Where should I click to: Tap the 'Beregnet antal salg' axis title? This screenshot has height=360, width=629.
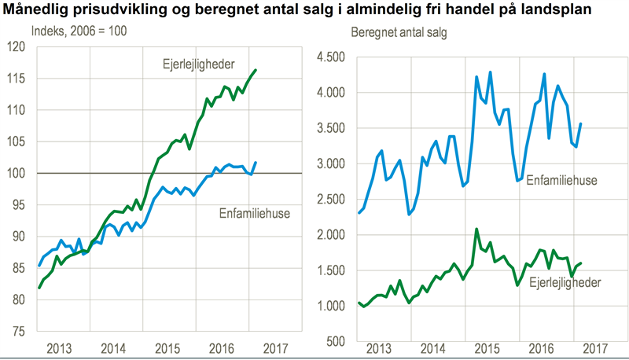(399, 31)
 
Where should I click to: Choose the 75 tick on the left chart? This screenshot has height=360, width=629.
(18, 331)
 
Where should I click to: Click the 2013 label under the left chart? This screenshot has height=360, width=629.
(59, 347)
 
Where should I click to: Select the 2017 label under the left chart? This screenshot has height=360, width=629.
(274, 347)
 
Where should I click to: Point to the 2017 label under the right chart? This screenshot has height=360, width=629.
(595, 347)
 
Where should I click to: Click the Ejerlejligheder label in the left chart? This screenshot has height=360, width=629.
(193, 63)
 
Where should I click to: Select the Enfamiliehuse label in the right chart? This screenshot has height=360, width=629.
(561, 181)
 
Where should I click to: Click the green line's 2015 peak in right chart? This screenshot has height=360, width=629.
(476, 229)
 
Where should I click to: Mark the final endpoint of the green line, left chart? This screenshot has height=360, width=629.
(256, 70)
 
